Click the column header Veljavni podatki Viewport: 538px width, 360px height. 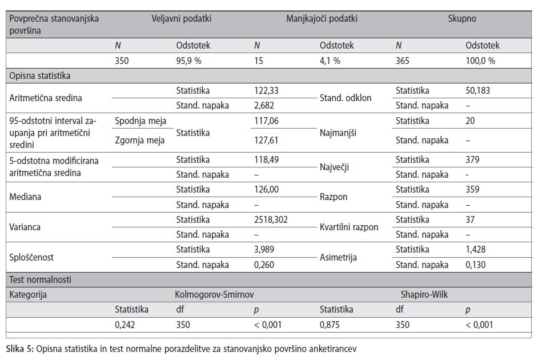point(182,18)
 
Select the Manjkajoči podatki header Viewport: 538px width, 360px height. point(322,18)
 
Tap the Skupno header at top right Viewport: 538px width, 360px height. point(462,18)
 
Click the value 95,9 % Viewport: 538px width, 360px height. point(188,61)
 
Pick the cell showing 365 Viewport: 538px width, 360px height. point(403,61)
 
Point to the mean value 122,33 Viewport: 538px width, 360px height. point(266,91)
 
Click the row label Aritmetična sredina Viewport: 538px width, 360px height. point(46,98)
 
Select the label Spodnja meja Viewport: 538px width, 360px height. point(140,121)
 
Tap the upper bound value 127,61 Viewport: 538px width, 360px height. point(266,140)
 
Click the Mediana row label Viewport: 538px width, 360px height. point(25,197)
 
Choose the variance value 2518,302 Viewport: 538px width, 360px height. point(271,219)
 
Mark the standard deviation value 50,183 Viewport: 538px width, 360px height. point(477,91)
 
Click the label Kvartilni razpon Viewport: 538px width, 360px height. point(349,227)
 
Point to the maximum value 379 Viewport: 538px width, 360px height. point(472,159)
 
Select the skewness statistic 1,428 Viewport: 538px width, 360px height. point(476,250)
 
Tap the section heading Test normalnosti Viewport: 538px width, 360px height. point(40,279)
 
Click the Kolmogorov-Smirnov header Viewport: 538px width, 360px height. point(214,294)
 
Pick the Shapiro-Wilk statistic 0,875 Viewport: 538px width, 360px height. point(330,325)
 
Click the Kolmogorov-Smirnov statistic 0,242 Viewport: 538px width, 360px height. point(125,325)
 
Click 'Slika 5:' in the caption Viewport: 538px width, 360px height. point(20,349)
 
